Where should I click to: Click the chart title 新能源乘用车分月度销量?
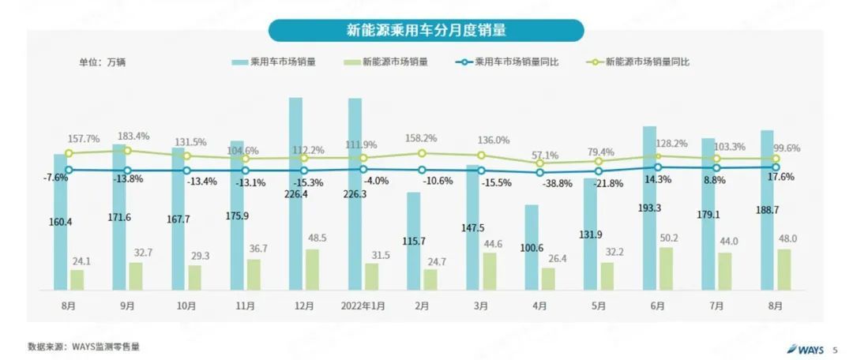pyautogui.click(x=426, y=31)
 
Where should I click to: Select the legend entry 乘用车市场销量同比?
pyautogui.click(x=517, y=62)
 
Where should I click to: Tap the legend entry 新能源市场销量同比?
pyautogui.click(x=647, y=62)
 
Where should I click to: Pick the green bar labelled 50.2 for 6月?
pyautogui.click(x=665, y=268)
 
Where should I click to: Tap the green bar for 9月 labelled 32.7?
pyautogui.click(x=136, y=276)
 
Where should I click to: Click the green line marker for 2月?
pyautogui.click(x=422, y=153)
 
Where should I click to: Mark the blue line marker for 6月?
pyautogui.click(x=657, y=167)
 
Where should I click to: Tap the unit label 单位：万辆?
pyautogui.click(x=102, y=62)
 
